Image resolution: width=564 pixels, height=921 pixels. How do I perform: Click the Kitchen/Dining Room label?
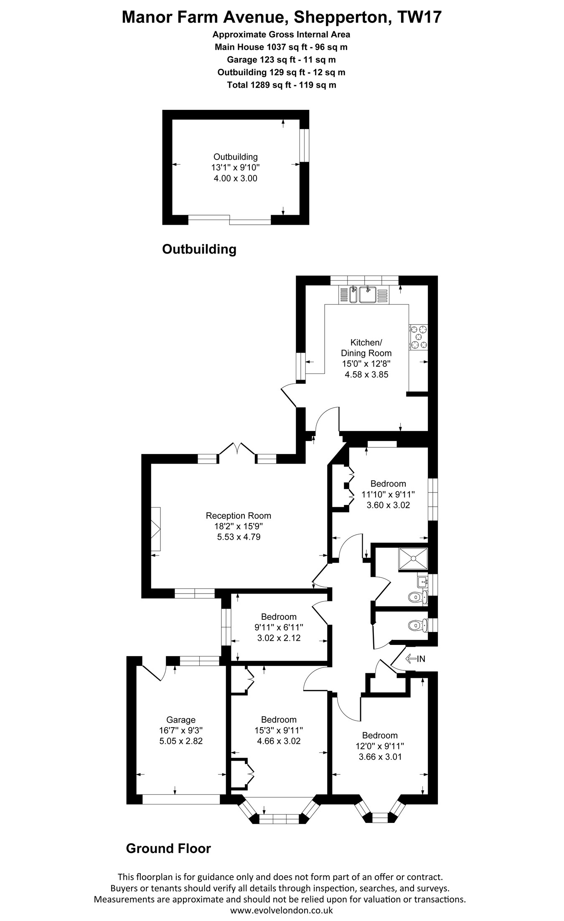(366, 348)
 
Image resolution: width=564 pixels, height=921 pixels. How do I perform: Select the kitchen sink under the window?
(363, 294)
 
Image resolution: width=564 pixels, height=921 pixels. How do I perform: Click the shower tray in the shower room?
(413, 558)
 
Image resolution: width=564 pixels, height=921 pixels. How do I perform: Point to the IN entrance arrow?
(415, 659)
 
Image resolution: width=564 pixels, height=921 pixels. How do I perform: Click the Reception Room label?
(239, 515)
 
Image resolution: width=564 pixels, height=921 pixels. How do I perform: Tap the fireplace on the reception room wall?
(155, 530)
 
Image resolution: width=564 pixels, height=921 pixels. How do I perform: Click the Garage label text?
(181, 720)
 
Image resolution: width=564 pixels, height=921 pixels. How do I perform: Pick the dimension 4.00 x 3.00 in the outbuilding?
(236, 178)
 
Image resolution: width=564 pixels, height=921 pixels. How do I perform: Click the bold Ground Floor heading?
(168, 848)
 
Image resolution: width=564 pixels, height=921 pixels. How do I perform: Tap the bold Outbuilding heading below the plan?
(199, 249)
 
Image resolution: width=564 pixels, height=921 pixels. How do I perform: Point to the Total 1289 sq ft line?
(282, 85)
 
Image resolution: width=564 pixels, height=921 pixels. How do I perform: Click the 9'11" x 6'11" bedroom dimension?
(279, 627)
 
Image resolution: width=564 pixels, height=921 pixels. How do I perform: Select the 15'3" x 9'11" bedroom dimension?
(279, 730)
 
